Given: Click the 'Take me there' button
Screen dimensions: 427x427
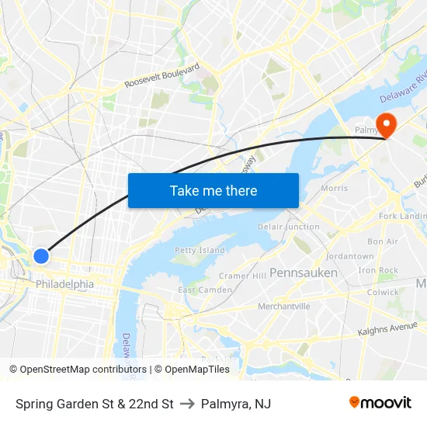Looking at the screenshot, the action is (213, 190).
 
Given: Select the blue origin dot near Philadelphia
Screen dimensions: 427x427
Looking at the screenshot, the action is (42, 255).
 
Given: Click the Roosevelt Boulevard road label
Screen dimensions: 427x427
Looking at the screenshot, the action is (162, 75).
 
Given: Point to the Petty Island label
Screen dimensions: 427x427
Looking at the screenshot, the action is (200, 251).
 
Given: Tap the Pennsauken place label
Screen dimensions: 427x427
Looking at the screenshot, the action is (304, 273).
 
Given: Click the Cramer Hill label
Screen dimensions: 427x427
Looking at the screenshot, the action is (244, 276).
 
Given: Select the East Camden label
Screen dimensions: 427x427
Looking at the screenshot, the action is (205, 290).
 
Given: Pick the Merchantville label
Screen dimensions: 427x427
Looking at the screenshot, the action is (284, 307).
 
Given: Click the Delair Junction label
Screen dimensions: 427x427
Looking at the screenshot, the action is (290, 227).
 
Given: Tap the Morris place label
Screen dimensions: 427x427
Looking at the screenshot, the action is (334, 188).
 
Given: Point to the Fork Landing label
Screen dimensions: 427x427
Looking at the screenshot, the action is (402, 216).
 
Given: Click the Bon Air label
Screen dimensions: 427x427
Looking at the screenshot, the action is (383, 241).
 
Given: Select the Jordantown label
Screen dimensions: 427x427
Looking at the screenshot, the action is (350, 256).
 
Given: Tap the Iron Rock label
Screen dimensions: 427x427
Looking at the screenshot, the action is (378, 270).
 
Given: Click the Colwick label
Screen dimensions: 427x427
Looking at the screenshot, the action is (384, 293).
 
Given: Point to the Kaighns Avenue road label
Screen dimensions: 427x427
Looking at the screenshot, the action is (387, 329).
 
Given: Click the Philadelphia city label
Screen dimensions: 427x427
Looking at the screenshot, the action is (65, 284).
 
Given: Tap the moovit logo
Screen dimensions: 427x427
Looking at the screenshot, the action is (380, 402).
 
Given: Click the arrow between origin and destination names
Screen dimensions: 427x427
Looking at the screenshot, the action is (187, 404).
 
